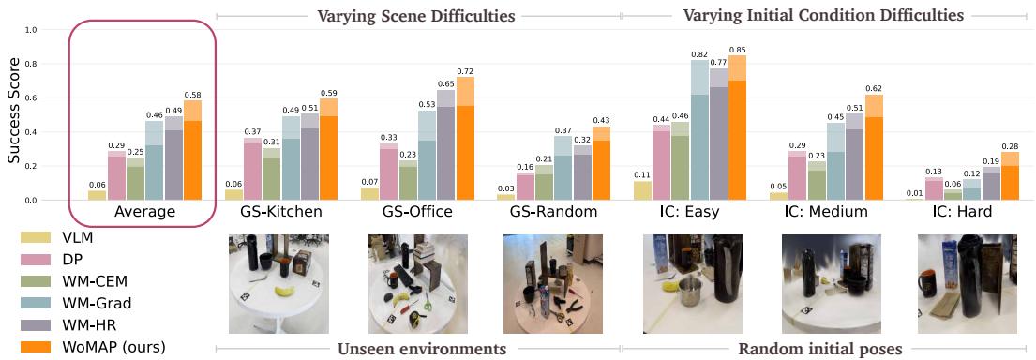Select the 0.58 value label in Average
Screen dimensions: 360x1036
click(x=192, y=94)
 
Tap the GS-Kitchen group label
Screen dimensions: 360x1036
click(x=282, y=212)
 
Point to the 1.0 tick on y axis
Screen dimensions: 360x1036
click(x=31, y=30)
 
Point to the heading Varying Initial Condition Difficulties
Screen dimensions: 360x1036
click(x=823, y=16)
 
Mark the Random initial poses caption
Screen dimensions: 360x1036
click(x=820, y=350)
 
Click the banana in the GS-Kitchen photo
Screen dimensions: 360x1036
click(x=284, y=292)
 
